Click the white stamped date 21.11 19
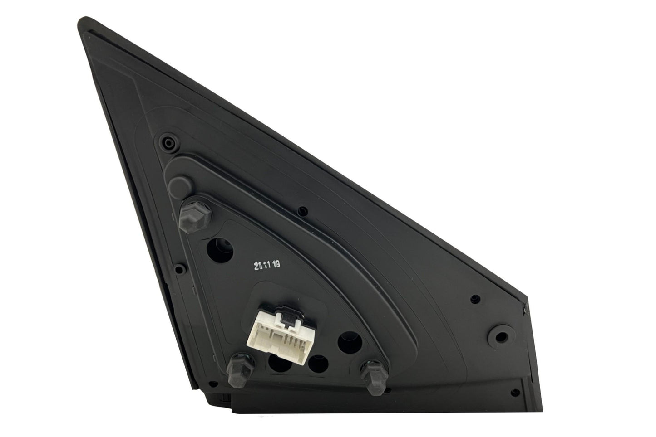267,265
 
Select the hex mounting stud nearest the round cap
195,215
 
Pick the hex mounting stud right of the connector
374,377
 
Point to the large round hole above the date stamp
220,250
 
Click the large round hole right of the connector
350,343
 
